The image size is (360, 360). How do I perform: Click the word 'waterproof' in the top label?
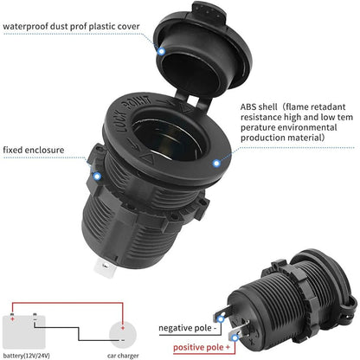click(x=25, y=27)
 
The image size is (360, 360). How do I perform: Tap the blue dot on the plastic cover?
click(x=162, y=51)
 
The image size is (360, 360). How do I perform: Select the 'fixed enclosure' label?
click(x=34, y=150)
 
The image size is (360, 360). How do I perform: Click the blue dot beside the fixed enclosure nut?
click(x=97, y=176)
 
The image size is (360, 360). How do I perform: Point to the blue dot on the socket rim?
click(x=216, y=164)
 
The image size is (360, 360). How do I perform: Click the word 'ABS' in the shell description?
click(x=248, y=107)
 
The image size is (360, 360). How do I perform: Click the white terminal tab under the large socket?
click(x=105, y=269)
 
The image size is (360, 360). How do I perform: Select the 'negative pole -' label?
click(x=188, y=328)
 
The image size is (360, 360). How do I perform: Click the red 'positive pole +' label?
click(x=202, y=347)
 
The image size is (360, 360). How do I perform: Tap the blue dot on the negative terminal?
click(x=221, y=319)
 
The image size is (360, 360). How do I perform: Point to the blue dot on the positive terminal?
click(x=235, y=337)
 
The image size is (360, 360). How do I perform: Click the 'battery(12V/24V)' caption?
click(x=27, y=356)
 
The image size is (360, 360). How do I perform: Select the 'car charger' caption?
click(x=123, y=356)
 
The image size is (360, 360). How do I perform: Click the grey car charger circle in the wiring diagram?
click(x=123, y=336)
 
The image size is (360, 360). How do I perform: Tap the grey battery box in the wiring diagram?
click(x=24, y=332)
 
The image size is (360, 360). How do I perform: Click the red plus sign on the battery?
click(x=12, y=319)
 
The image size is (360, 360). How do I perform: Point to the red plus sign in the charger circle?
click(x=123, y=328)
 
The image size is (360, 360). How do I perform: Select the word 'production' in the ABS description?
click(x=262, y=138)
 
